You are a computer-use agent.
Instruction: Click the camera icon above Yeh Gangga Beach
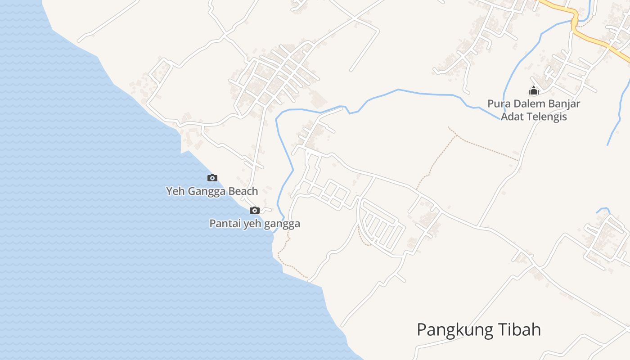coord(212,178)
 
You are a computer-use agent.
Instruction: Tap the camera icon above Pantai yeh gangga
coord(255,211)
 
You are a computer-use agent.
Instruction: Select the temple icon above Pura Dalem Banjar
coord(534,90)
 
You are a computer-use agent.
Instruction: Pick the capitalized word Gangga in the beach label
coord(205,192)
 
